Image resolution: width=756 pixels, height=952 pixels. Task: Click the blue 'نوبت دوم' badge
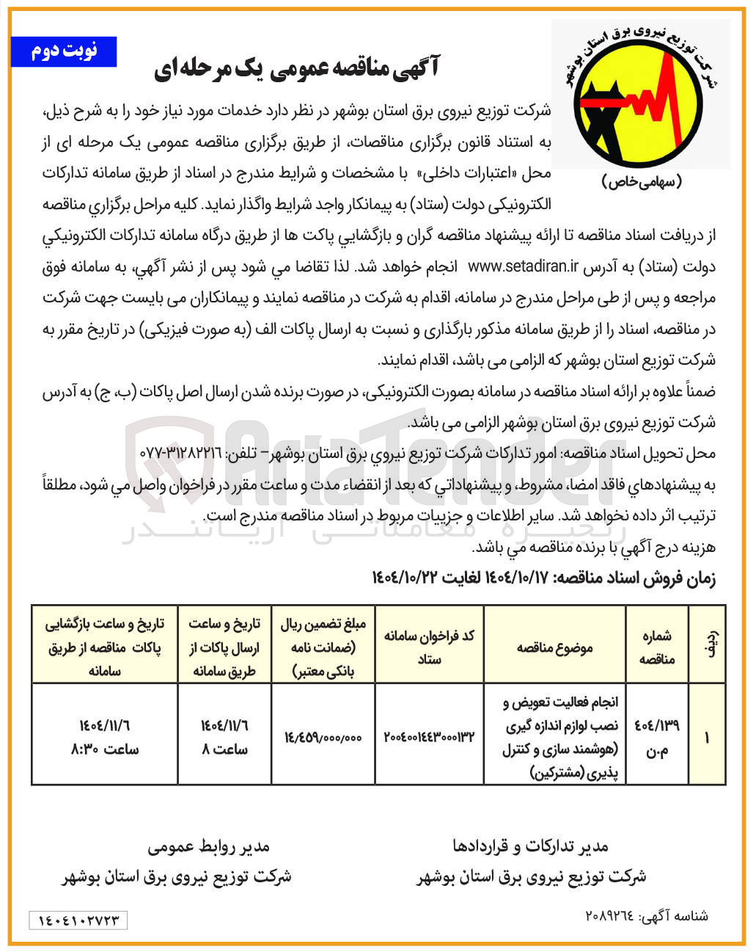pyautogui.click(x=64, y=51)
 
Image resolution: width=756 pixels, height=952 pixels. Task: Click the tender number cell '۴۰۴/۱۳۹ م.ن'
pyautogui.click(x=656, y=734)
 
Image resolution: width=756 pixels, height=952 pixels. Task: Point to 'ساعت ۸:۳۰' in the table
pyautogui.click(x=105, y=749)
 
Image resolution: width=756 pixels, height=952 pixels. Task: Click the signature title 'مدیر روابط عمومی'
pyautogui.click(x=208, y=846)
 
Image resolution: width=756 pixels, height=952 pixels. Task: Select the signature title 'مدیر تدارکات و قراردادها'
pyautogui.click(x=530, y=847)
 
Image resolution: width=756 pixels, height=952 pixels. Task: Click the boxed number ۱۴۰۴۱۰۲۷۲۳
pyautogui.click(x=78, y=920)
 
